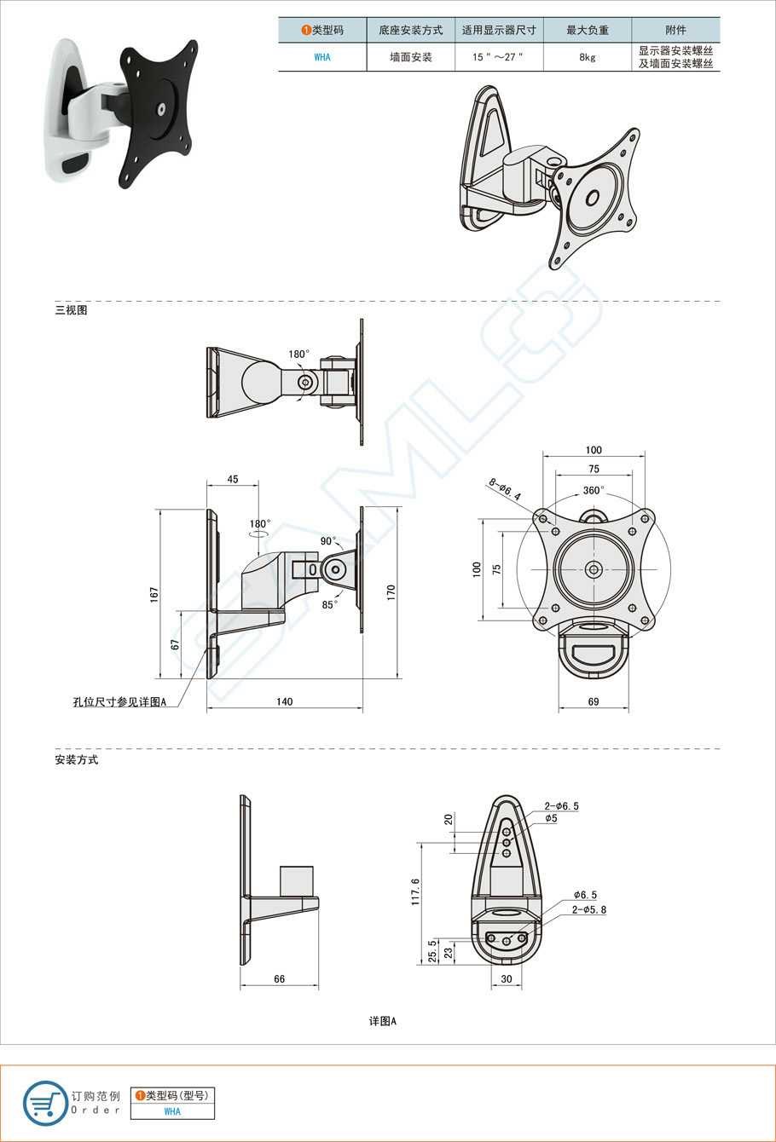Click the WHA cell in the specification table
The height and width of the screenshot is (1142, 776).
coord(322,57)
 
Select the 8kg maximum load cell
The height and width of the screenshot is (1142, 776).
coord(587,57)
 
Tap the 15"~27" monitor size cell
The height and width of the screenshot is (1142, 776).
coord(499,57)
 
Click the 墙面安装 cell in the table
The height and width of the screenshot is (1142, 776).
coord(410,57)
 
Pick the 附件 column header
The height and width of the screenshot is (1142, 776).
coord(675,30)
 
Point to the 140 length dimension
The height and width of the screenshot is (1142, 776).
coord(284,701)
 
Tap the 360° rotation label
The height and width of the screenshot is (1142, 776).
coord(594,490)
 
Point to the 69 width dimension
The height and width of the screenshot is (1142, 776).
coord(594,701)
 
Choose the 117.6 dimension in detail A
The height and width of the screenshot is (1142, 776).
coord(415,891)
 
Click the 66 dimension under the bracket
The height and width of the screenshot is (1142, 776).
coord(279,979)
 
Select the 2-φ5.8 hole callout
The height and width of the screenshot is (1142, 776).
coord(589,909)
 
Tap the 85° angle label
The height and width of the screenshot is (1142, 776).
coord(330,604)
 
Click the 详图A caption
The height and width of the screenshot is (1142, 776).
coord(383,1021)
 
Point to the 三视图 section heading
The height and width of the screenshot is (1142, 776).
coord(72,310)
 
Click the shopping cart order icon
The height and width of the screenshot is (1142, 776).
coord(45,1104)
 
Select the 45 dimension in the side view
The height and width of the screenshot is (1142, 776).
coord(232,479)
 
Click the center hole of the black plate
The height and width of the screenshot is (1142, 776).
coord(161,110)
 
